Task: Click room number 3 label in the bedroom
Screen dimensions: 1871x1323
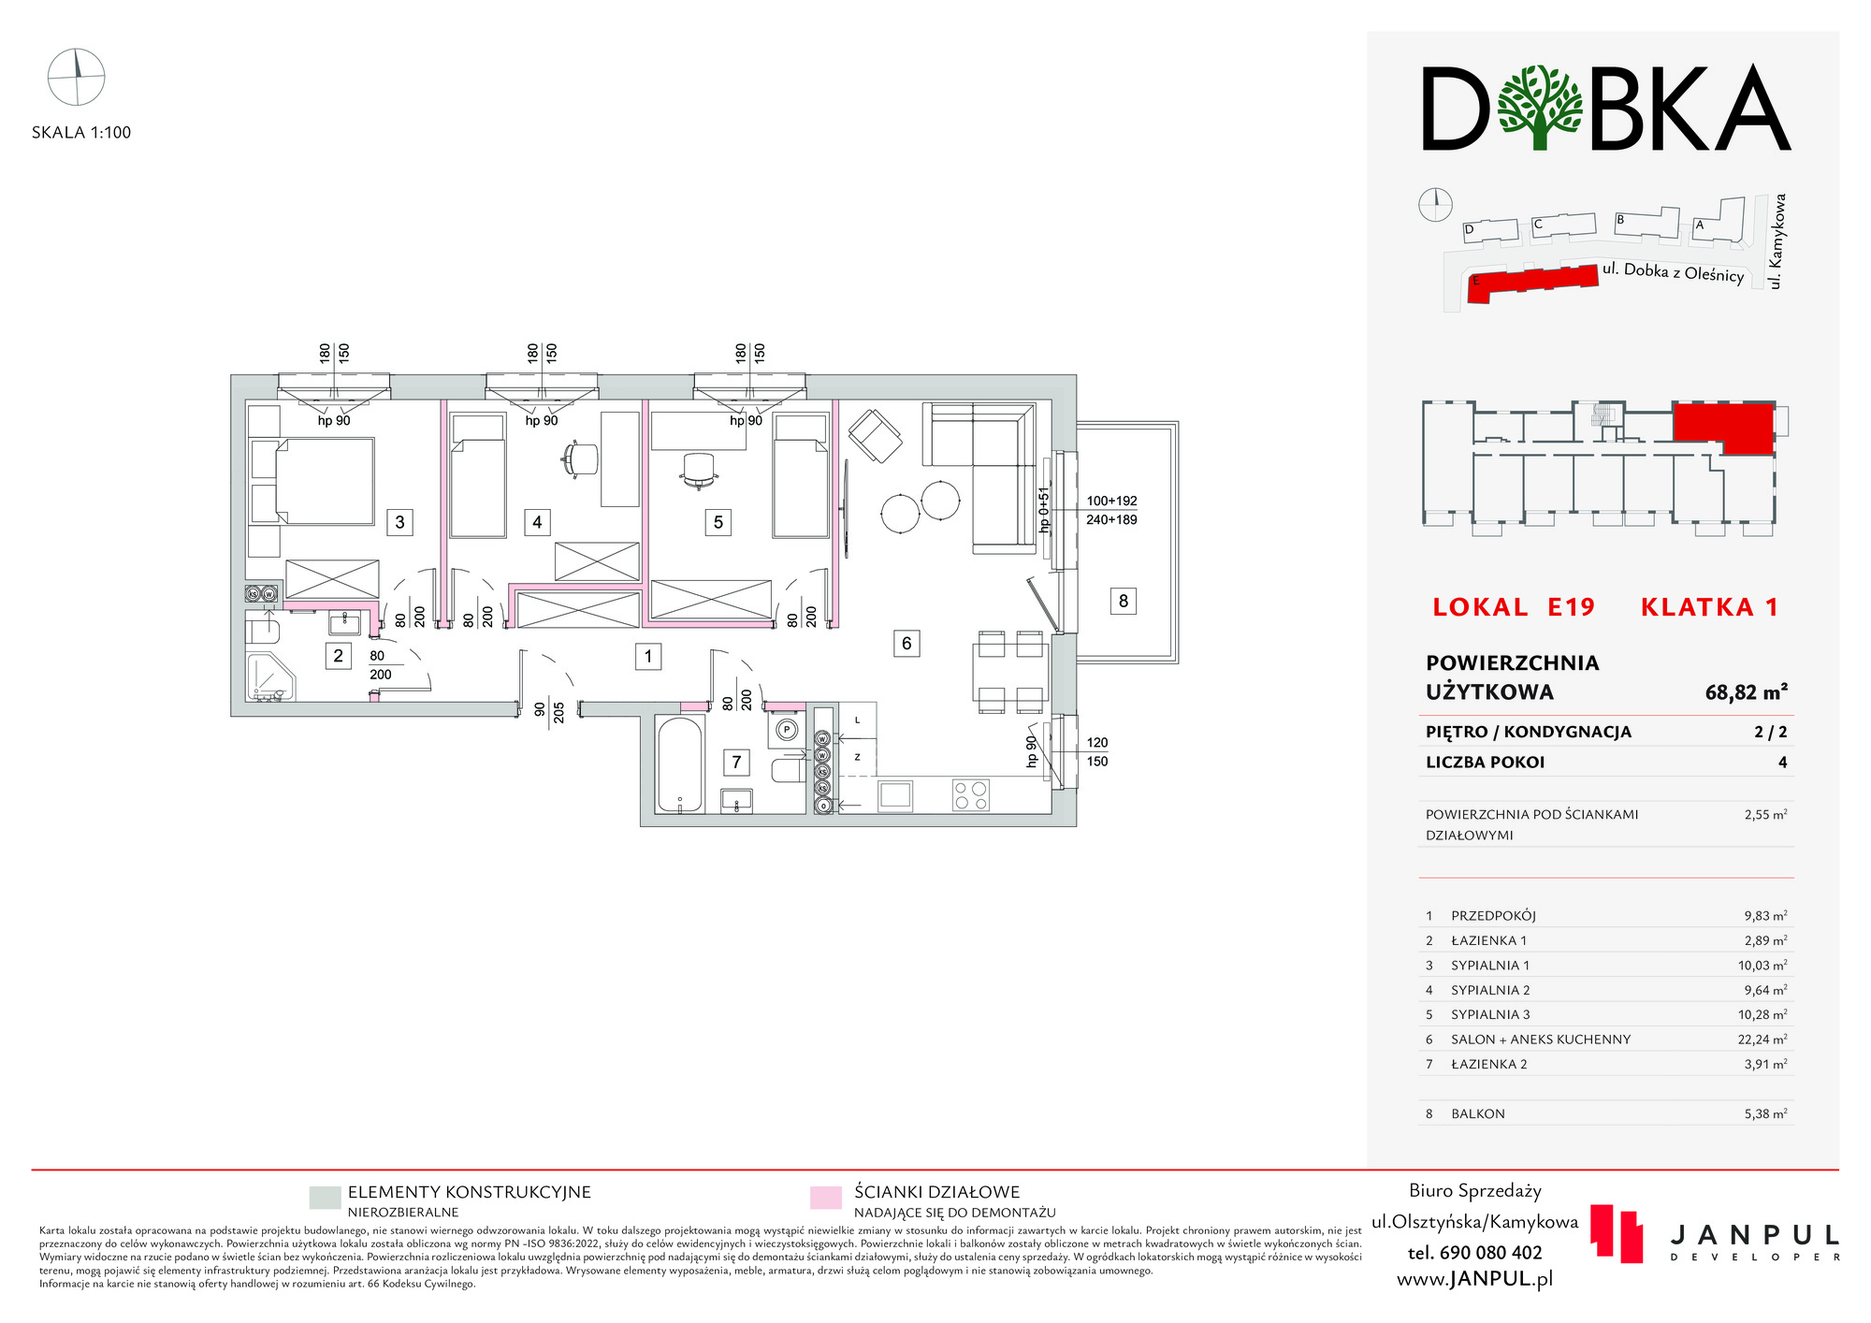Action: tap(399, 522)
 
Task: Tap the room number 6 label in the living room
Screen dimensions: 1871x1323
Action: tap(906, 644)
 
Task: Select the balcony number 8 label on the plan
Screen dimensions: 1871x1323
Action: tap(1124, 601)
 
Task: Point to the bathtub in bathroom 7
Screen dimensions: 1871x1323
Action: tap(680, 764)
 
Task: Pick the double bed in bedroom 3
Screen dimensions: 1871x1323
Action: tap(313, 481)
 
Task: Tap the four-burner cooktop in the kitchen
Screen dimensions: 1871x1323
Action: tap(971, 795)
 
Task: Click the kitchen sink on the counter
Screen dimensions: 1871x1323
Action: tap(895, 795)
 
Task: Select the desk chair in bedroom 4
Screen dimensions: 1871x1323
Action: tap(580, 458)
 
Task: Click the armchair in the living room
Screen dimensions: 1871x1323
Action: tap(876, 436)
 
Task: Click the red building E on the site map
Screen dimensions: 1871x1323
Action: tap(1532, 283)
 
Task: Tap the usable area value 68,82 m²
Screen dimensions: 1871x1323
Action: tap(1747, 692)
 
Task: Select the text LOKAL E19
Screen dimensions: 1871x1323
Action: tap(1514, 607)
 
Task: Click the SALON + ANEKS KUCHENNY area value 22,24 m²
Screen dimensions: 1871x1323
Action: tap(1762, 1039)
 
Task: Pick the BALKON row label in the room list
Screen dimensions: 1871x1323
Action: tap(1478, 1113)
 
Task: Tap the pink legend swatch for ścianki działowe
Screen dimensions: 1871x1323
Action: tap(826, 1199)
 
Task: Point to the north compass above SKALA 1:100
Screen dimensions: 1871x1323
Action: tap(77, 77)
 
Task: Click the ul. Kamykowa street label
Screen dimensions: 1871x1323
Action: tap(1777, 240)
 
